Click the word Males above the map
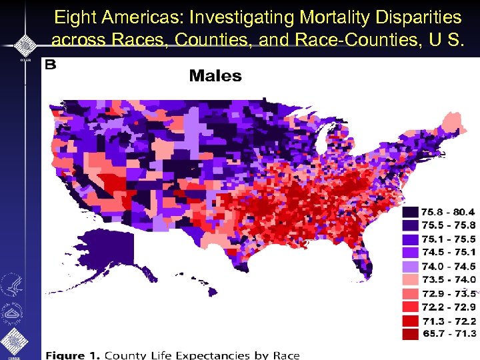click(x=215, y=75)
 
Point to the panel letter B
click(x=51, y=65)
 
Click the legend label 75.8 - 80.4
click(x=449, y=212)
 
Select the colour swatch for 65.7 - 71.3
click(x=410, y=333)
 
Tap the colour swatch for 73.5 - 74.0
click(x=410, y=279)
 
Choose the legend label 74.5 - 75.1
click(x=449, y=252)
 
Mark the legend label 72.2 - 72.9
click(x=449, y=306)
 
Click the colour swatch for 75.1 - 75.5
click(x=410, y=239)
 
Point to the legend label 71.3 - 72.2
click(x=449, y=319)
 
